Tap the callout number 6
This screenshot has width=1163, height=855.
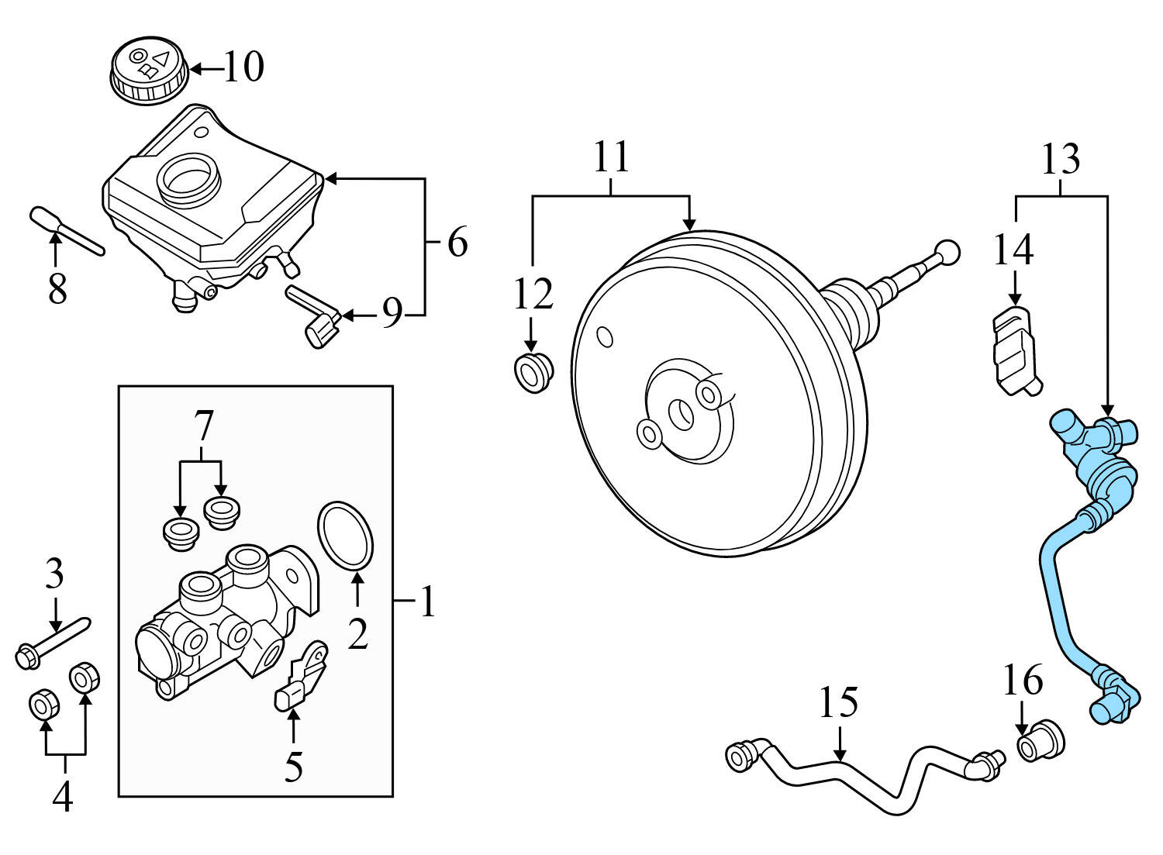pos(457,243)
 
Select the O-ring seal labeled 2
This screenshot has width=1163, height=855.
pos(347,533)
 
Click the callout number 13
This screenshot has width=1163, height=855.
pos(1061,160)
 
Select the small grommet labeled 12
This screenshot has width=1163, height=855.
pos(533,372)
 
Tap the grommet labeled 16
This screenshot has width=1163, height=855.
pos(1040,740)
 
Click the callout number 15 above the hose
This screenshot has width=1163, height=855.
pos(839,703)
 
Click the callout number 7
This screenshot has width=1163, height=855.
pos(202,426)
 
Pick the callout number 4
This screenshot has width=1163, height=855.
pos(63,796)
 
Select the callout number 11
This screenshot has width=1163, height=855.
pos(612,157)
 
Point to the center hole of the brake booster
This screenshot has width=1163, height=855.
pos(682,413)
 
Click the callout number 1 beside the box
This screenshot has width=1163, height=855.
pos(427,602)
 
